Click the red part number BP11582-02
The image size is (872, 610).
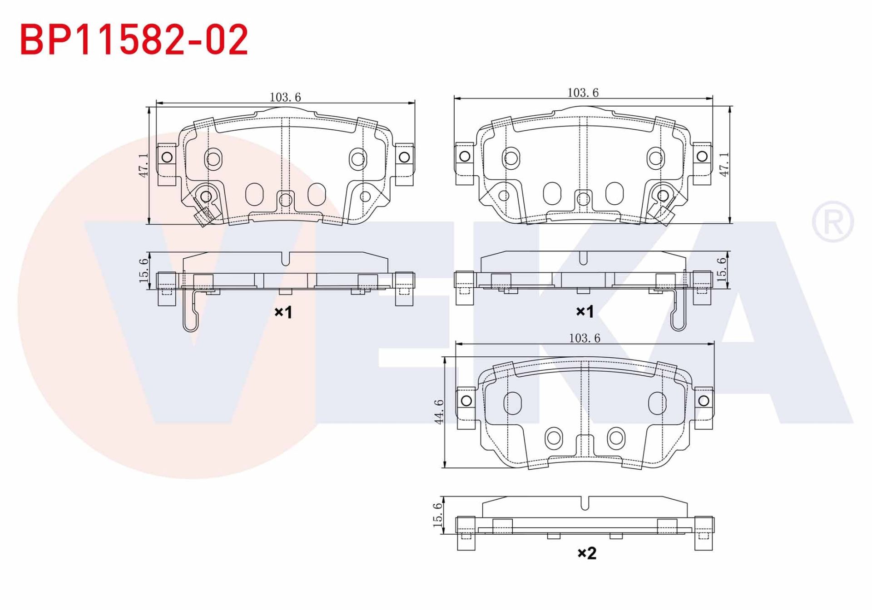(x=134, y=40)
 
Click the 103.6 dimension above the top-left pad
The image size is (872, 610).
(x=285, y=97)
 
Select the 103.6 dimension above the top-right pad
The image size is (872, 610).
(x=583, y=93)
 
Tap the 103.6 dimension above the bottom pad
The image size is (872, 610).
(x=585, y=338)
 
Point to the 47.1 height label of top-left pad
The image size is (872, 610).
(x=144, y=165)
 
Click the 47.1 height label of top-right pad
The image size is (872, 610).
(x=724, y=164)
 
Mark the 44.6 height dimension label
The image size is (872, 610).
(x=439, y=412)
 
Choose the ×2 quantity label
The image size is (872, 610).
(x=587, y=553)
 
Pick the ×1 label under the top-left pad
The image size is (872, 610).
(x=283, y=312)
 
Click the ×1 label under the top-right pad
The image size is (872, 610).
(x=585, y=311)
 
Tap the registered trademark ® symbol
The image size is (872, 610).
(x=832, y=221)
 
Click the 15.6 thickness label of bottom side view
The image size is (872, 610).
(x=437, y=515)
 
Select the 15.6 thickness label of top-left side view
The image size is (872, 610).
(x=144, y=271)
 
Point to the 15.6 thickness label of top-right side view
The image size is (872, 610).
(x=721, y=270)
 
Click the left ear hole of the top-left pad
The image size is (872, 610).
(x=167, y=157)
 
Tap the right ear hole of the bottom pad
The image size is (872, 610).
(x=704, y=401)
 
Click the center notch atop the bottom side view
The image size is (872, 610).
(x=585, y=503)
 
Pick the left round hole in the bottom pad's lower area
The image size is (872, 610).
(x=554, y=438)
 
